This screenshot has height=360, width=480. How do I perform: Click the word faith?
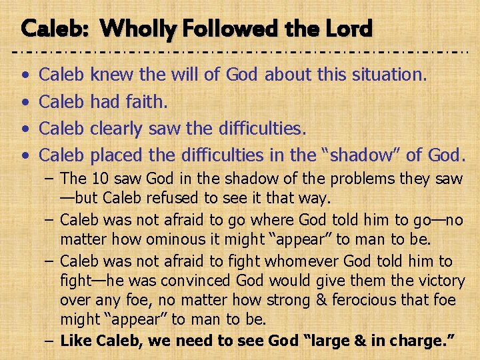143,101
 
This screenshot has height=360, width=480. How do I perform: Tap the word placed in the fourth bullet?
116,155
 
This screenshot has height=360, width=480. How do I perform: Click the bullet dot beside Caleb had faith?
25,102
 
